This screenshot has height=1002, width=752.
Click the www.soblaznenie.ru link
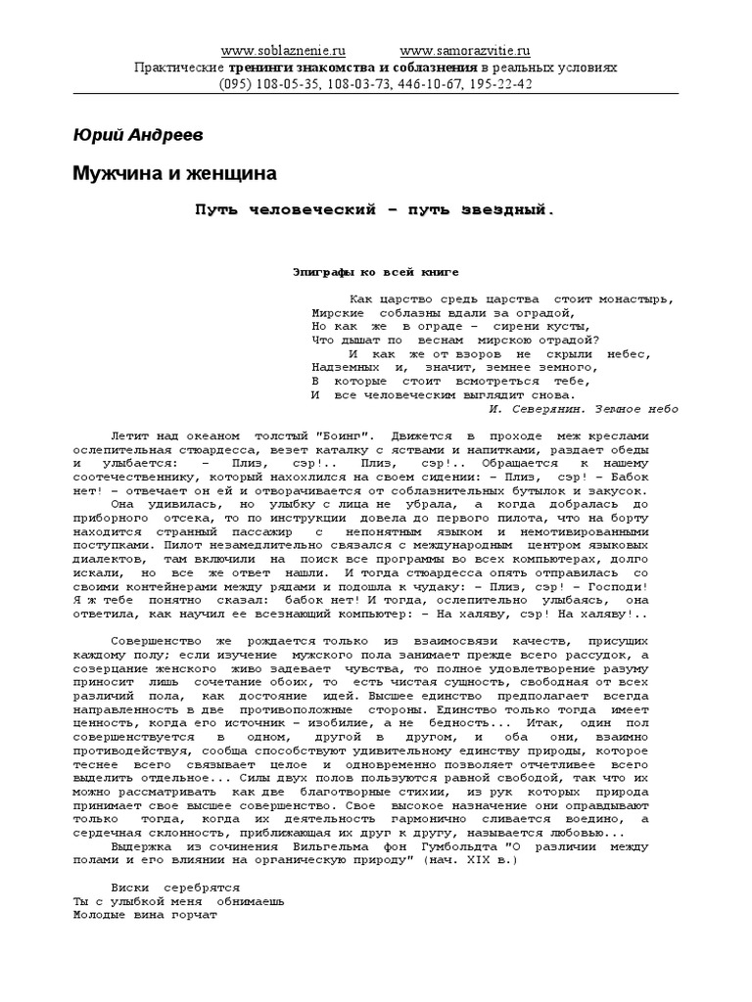coord(283,51)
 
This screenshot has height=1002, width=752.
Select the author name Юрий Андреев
coord(140,133)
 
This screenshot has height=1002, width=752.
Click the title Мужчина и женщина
coord(175,173)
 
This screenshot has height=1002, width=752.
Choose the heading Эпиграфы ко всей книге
coord(376,272)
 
